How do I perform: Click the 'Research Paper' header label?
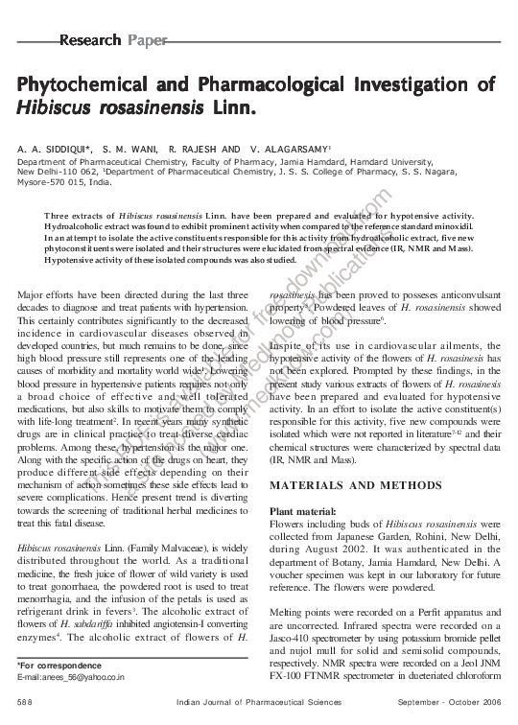click(113, 40)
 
